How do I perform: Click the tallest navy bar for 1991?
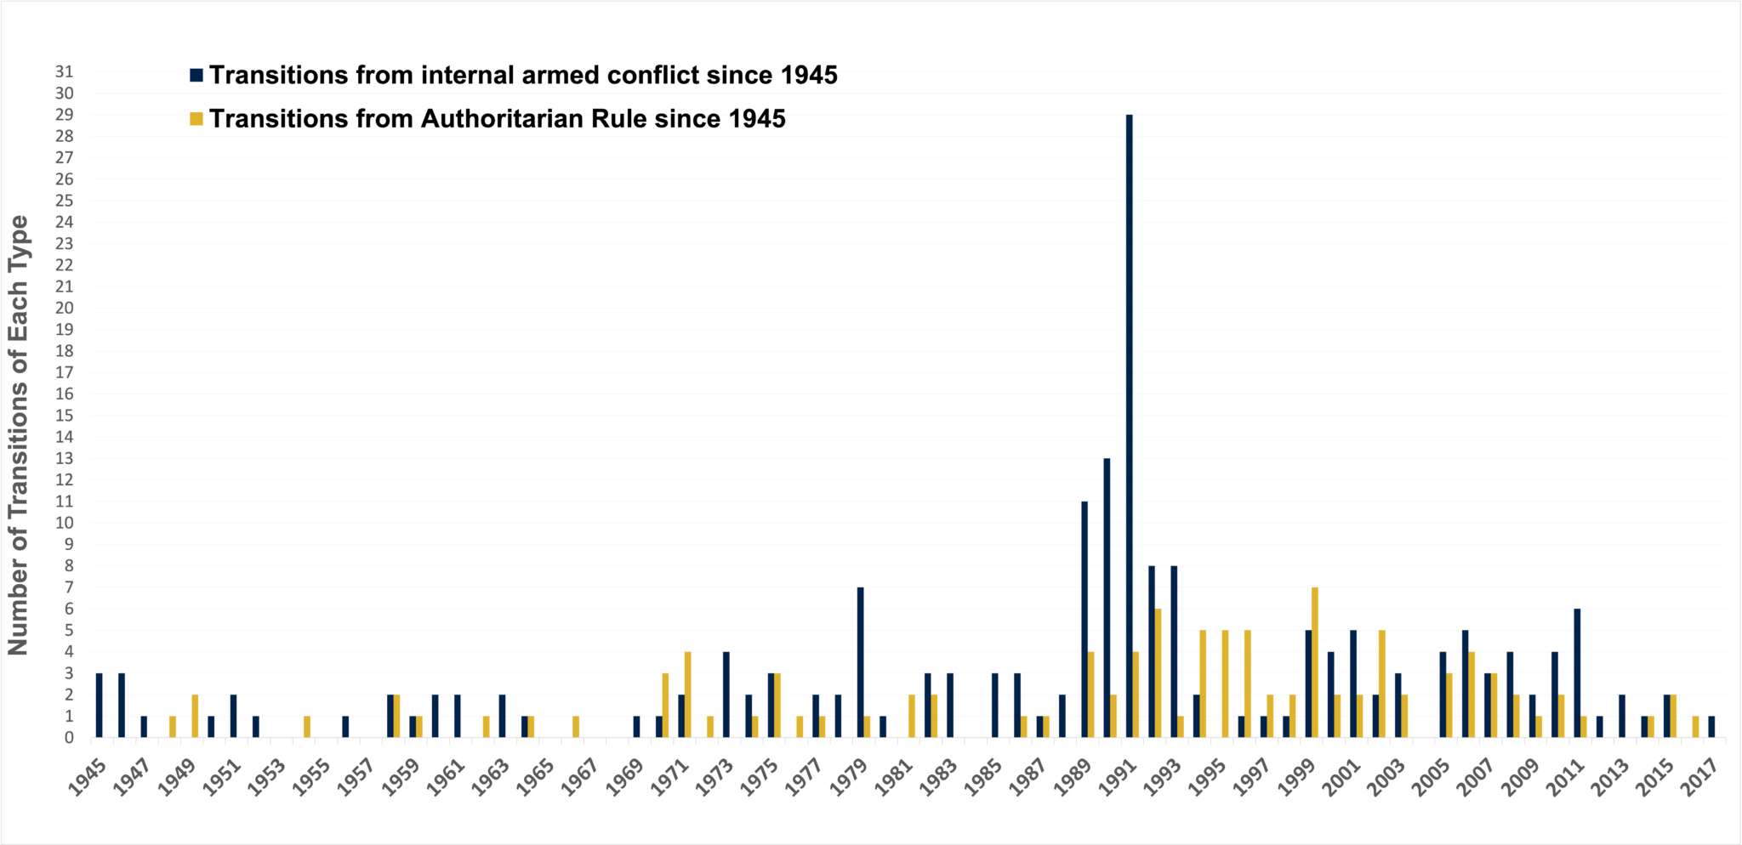(1129, 425)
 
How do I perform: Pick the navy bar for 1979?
(860, 662)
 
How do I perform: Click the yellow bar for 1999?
(1315, 662)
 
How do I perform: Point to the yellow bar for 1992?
(1158, 672)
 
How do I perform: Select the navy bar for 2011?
(1577, 672)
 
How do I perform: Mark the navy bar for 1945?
(100, 705)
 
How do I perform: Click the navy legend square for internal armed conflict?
(196, 76)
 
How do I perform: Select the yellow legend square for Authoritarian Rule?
(196, 119)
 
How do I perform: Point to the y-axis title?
(19, 434)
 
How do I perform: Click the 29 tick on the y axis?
(65, 115)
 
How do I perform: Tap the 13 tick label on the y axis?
(65, 458)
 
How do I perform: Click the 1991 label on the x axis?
(1117, 776)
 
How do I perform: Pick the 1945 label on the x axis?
(88, 776)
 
